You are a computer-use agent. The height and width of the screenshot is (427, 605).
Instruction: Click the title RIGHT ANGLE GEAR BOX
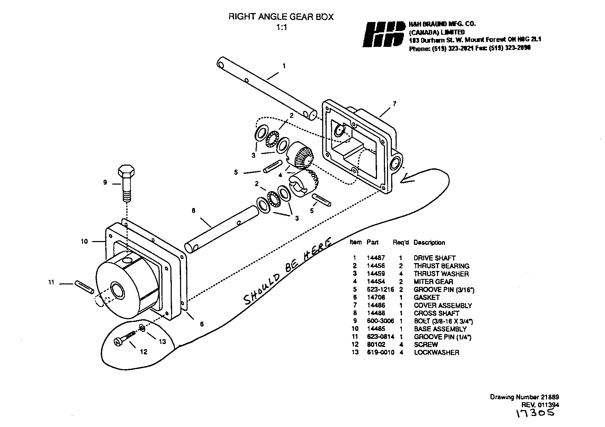[281, 17]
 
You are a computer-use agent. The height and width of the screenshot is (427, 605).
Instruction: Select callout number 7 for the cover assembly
[395, 104]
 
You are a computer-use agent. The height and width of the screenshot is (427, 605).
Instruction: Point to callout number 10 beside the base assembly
[85, 241]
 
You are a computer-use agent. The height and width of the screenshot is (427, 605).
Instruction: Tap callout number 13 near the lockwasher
[162, 342]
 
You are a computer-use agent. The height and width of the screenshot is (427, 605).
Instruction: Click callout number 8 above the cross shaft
[194, 210]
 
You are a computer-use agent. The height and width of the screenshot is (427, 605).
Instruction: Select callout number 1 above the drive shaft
[284, 65]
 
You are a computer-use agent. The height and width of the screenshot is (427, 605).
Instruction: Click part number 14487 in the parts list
[376, 258]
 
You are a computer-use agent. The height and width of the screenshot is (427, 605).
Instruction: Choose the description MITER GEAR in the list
[434, 282]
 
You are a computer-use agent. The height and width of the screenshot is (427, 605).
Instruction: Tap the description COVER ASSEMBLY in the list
[443, 305]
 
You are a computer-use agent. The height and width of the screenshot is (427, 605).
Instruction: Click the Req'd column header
[400, 242]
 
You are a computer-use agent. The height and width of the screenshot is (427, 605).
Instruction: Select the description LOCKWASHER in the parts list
[436, 353]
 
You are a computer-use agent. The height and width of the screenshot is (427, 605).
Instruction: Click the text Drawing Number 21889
[524, 397]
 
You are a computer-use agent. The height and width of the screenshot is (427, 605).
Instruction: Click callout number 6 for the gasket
[202, 324]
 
